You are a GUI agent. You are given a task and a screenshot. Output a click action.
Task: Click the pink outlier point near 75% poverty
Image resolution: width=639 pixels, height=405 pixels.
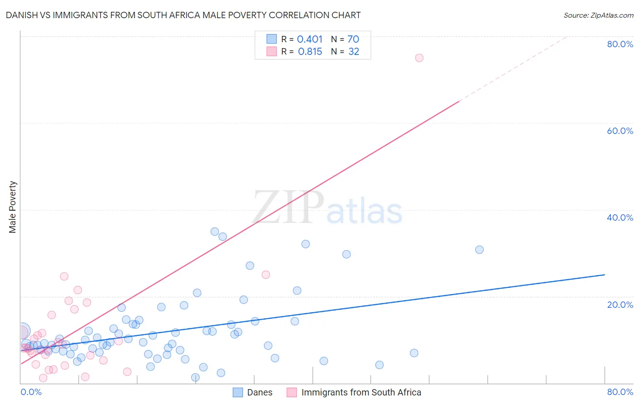419,58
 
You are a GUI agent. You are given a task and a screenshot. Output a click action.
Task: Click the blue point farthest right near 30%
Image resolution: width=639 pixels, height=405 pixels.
479,250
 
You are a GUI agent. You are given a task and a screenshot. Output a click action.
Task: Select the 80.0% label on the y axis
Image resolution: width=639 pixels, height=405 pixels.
620,44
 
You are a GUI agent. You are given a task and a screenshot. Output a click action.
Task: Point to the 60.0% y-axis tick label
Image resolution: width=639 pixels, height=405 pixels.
620,131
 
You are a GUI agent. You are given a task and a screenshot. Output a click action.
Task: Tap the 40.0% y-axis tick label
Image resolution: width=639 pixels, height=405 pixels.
620,217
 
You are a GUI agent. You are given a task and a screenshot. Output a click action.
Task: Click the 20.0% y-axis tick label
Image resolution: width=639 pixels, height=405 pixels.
620,304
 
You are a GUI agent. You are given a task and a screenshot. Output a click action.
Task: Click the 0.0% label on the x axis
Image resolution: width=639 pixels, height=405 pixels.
31,392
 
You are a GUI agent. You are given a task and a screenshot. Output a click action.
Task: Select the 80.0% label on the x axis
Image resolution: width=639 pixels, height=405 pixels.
620,392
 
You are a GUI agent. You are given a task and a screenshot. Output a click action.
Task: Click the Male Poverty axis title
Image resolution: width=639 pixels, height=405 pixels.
13,207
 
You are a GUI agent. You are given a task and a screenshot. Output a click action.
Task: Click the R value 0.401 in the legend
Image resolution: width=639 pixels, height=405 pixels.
310,40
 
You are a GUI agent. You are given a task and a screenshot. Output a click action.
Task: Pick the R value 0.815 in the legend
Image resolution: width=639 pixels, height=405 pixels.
310,52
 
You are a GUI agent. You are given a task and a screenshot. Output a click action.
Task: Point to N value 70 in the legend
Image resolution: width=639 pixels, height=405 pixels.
353,40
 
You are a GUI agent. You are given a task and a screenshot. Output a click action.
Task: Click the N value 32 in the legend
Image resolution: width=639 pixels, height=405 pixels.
354,52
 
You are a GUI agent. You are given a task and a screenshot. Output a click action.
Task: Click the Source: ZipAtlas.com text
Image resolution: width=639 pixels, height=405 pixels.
598,15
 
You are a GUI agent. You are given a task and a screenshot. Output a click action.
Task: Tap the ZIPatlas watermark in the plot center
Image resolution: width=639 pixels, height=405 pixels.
327,208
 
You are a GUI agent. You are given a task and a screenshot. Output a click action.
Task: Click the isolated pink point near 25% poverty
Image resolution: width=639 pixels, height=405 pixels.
266,275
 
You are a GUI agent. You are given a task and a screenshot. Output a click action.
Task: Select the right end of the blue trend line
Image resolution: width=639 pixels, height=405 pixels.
604,275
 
